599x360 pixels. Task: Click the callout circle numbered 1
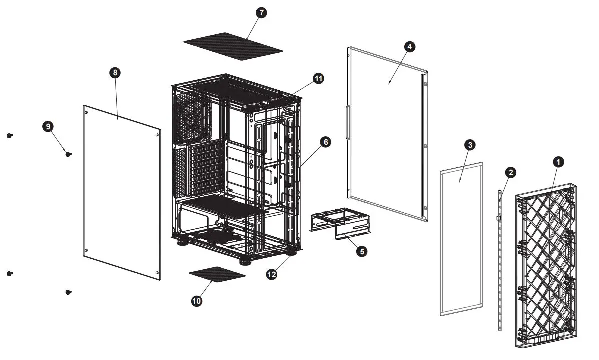click(558, 161)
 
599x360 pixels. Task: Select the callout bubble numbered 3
click(469, 145)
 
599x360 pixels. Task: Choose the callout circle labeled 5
click(361, 251)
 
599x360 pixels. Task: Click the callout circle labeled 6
click(325, 142)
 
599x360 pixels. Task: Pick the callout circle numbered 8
click(115, 73)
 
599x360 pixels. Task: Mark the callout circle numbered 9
click(48, 127)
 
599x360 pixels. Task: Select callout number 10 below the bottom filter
click(197, 301)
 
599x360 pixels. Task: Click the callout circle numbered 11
click(318, 78)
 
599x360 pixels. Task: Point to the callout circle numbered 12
click(272, 274)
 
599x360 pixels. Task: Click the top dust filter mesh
click(233, 46)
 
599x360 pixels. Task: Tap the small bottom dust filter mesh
click(217, 274)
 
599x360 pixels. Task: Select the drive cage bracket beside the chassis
click(340, 224)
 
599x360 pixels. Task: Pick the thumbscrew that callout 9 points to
click(68, 154)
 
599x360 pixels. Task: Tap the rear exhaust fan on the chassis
click(192, 116)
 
